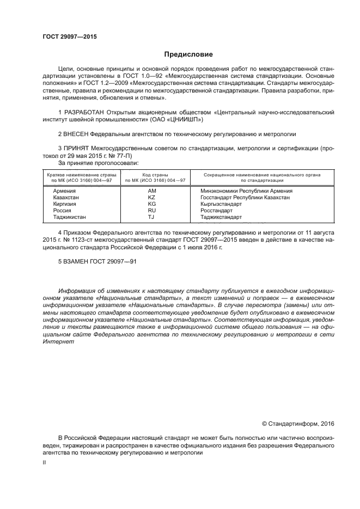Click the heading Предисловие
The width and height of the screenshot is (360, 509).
(x=180, y=54)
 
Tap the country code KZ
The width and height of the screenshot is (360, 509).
(x=152, y=198)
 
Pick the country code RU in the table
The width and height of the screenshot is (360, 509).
(x=152, y=210)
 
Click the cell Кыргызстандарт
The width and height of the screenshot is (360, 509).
(x=222, y=204)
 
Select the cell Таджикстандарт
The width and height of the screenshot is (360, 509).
(x=221, y=217)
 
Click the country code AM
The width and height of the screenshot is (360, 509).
(x=152, y=191)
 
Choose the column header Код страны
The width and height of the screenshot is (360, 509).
(x=155, y=175)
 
